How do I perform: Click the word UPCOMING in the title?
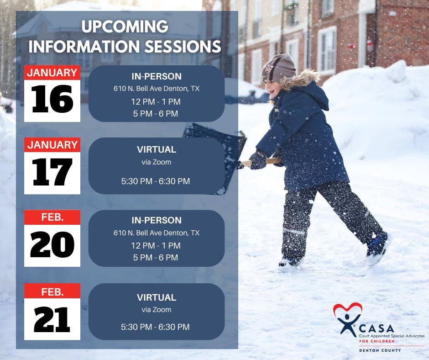click(x=125, y=27)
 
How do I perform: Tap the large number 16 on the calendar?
click(x=52, y=100)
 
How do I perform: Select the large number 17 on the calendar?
click(x=52, y=172)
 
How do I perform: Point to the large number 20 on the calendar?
click(x=52, y=245)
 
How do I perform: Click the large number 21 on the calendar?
click(x=52, y=318)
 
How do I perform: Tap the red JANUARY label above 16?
click(x=52, y=73)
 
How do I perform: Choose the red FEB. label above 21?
click(x=52, y=291)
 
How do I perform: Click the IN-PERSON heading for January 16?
click(x=157, y=77)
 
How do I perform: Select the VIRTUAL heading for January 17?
click(x=157, y=149)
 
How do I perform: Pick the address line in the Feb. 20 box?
click(x=157, y=233)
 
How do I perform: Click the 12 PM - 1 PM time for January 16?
click(x=156, y=101)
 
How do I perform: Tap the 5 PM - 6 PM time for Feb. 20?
click(x=156, y=258)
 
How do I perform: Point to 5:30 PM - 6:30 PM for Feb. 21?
click(x=156, y=327)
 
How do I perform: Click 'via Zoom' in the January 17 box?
click(x=156, y=161)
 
